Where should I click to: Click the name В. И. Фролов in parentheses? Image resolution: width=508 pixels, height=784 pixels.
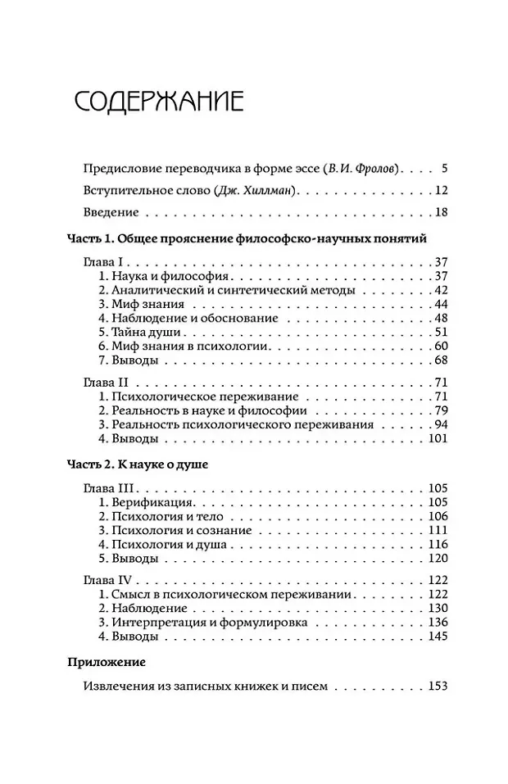point(361,169)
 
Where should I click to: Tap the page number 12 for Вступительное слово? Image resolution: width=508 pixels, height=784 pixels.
point(440,191)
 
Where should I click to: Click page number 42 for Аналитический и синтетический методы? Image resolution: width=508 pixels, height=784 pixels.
point(440,290)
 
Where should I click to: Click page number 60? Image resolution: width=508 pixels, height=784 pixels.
point(440,346)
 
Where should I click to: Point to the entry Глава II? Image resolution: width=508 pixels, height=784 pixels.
point(105,383)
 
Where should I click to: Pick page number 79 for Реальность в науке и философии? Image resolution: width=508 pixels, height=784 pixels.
point(440,410)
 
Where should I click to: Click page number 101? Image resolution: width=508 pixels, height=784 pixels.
point(437,438)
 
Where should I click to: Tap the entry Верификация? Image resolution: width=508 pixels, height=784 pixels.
point(146,501)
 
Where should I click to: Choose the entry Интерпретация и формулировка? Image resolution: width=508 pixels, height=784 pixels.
point(203,623)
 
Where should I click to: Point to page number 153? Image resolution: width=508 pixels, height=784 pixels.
point(437,686)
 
